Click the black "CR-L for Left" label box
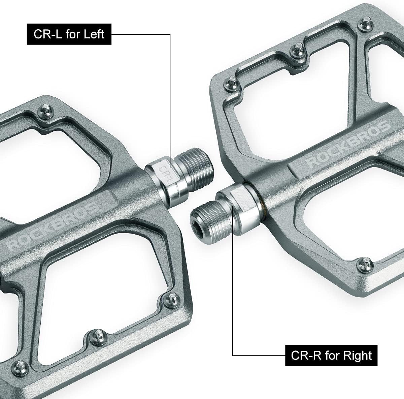click(69, 34)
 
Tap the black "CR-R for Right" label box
click(332, 355)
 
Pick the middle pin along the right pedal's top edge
click(298, 50)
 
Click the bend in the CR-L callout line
click(170, 34)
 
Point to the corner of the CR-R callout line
click(233, 355)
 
